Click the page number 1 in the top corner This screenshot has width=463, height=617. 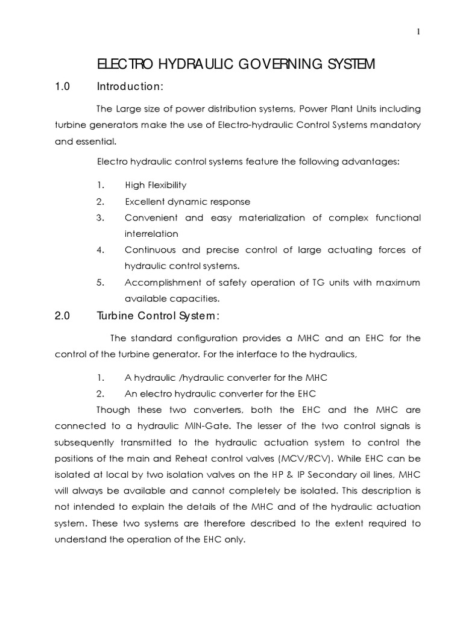[418, 32]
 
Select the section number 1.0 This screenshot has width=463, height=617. [63, 87]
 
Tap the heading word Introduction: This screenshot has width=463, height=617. [130, 87]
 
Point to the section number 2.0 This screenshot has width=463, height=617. [63, 315]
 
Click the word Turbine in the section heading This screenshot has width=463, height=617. [115, 315]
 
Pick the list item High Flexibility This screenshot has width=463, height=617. [156, 185]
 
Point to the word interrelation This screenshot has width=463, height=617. [156, 234]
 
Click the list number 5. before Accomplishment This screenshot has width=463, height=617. [101, 283]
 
